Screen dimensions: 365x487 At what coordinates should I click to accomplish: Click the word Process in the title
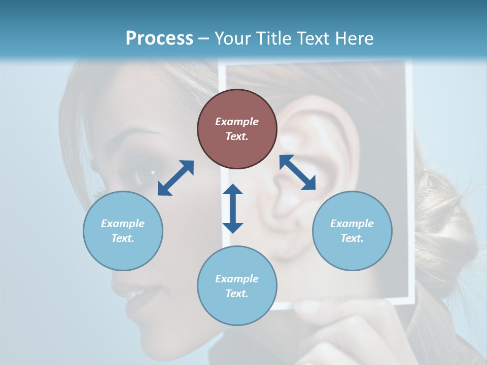click(x=159, y=38)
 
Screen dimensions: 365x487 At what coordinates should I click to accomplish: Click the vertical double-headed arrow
click(x=233, y=208)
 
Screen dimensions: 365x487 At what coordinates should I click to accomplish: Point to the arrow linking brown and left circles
click(x=176, y=178)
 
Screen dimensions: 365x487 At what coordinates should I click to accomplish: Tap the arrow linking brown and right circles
click(x=298, y=172)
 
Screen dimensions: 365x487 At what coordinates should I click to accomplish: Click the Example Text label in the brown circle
click(x=237, y=129)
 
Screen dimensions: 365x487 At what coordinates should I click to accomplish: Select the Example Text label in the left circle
click(x=123, y=231)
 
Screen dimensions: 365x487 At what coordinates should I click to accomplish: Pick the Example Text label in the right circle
click(x=352, y=231)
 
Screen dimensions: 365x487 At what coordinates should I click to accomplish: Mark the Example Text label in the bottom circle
click(x=237, y=286)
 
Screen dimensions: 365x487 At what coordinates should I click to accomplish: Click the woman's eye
click(x=147, y=175)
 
